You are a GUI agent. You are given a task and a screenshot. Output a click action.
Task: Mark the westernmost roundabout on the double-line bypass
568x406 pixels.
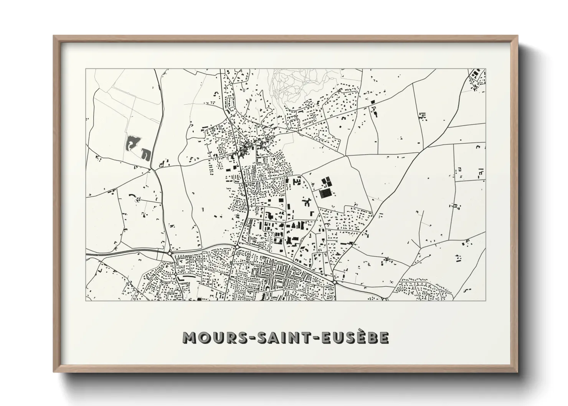(170, 253)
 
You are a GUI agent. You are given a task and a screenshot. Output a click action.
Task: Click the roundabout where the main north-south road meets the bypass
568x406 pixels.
(238, 247)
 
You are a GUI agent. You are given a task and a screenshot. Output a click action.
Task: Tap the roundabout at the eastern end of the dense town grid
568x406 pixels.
(335, 283)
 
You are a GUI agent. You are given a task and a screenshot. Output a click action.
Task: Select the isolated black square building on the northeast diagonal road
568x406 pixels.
(372, 101)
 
